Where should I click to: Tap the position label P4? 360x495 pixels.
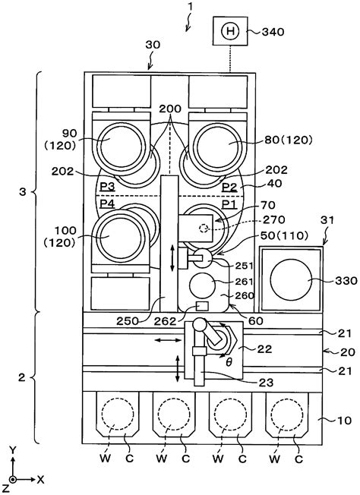tap(107, 203)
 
